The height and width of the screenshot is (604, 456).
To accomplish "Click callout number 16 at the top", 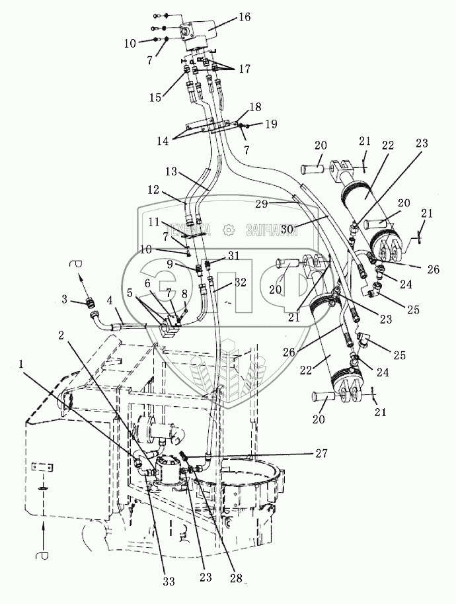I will click(x=244, y=17).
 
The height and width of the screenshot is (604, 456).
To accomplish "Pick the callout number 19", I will click(x=272, y=124).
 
